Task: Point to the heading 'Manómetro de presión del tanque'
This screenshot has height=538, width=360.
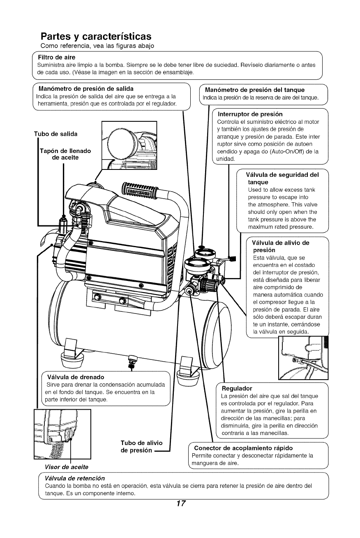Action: (x=254, y=90)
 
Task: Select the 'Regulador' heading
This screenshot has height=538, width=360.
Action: (x=237, y=388)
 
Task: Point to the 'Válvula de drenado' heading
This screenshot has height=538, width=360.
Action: (x=76, y=377)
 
